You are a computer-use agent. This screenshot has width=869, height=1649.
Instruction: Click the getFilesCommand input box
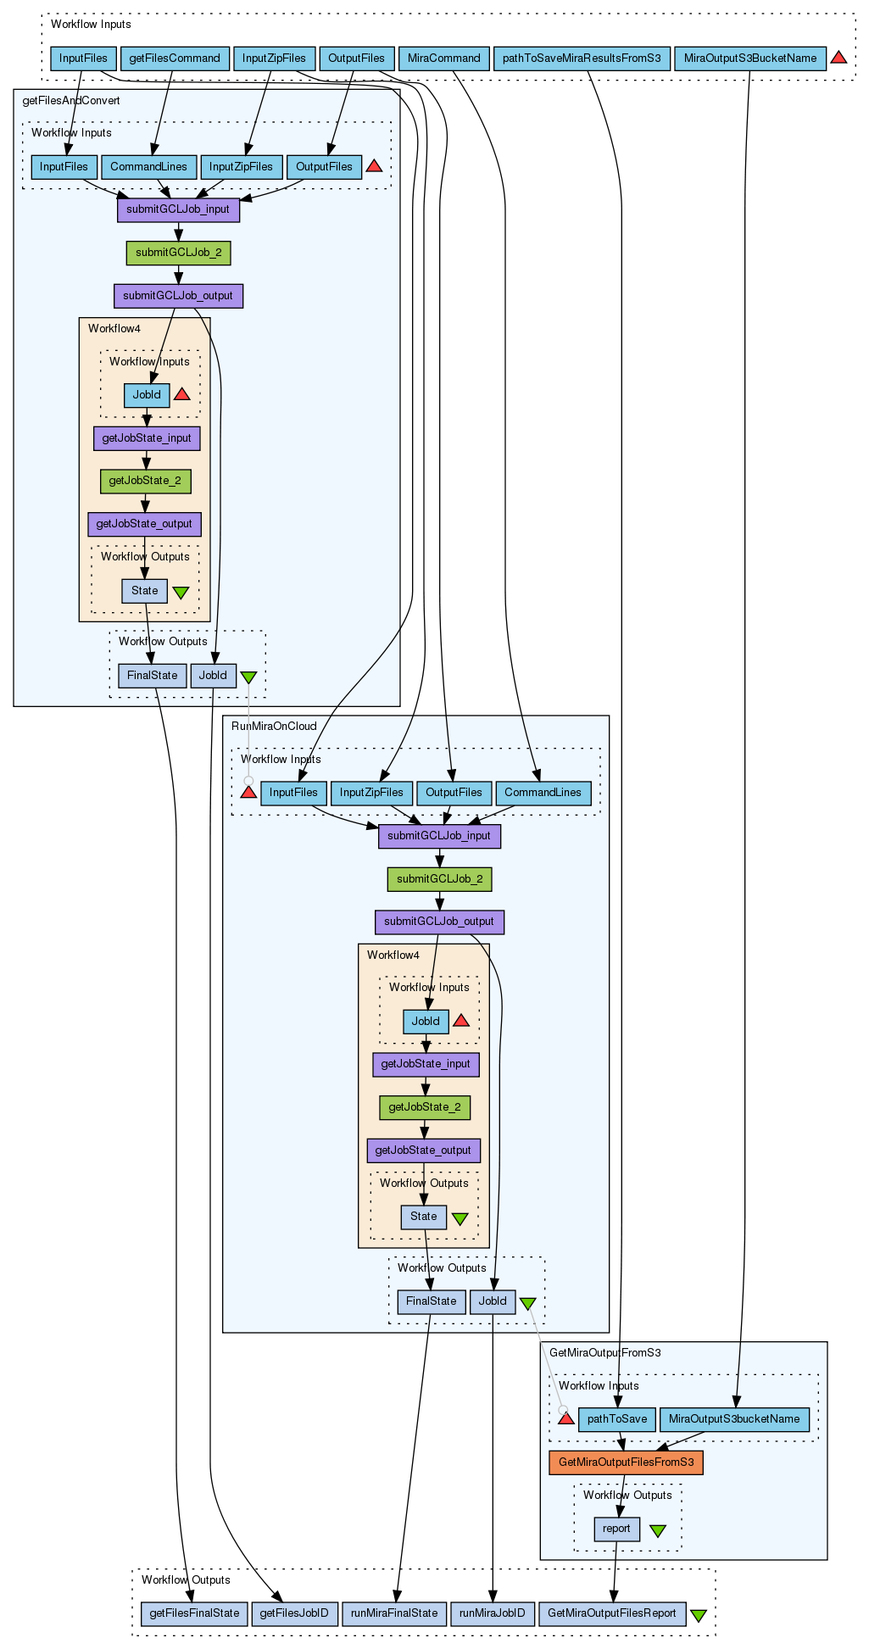tap(175, 58)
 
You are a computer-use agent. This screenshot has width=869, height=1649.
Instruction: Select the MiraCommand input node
tap(443, 58)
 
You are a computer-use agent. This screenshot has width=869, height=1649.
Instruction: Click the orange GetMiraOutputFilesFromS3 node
tap(626, 1462)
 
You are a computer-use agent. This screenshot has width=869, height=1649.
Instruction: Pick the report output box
tap(616, 1529)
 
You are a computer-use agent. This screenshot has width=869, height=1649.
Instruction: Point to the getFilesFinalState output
tap(194, 1613)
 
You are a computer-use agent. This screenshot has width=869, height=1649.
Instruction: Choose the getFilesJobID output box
tap(294, 1613)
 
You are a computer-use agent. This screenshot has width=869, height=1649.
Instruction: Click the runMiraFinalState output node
tap(394, 1613)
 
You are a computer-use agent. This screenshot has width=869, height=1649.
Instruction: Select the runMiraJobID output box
tap(493, 1613)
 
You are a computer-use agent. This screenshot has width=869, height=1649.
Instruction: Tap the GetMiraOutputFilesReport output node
tap(612, 1613)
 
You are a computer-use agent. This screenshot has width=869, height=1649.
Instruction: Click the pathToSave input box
tap(617, 1418)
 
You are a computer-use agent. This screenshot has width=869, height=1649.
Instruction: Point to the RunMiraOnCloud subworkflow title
tap(274, 726)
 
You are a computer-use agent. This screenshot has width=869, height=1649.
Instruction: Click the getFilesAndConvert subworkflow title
tap(71, 100)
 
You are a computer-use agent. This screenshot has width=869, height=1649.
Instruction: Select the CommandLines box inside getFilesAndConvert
tap(148, 166)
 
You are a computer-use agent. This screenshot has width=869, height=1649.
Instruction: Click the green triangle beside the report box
tap(658, 1530)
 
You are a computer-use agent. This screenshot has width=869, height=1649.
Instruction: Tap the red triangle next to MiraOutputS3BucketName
tap(838, 58)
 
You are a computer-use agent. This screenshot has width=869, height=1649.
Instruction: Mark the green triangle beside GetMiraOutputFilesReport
tap(699, 1615)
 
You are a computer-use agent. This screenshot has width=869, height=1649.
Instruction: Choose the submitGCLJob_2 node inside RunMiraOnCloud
tap(439, 878)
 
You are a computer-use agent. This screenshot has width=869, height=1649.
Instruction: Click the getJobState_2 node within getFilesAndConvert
tap(145, 481)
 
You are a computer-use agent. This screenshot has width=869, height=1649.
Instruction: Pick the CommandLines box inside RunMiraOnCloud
tap(543, 792)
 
